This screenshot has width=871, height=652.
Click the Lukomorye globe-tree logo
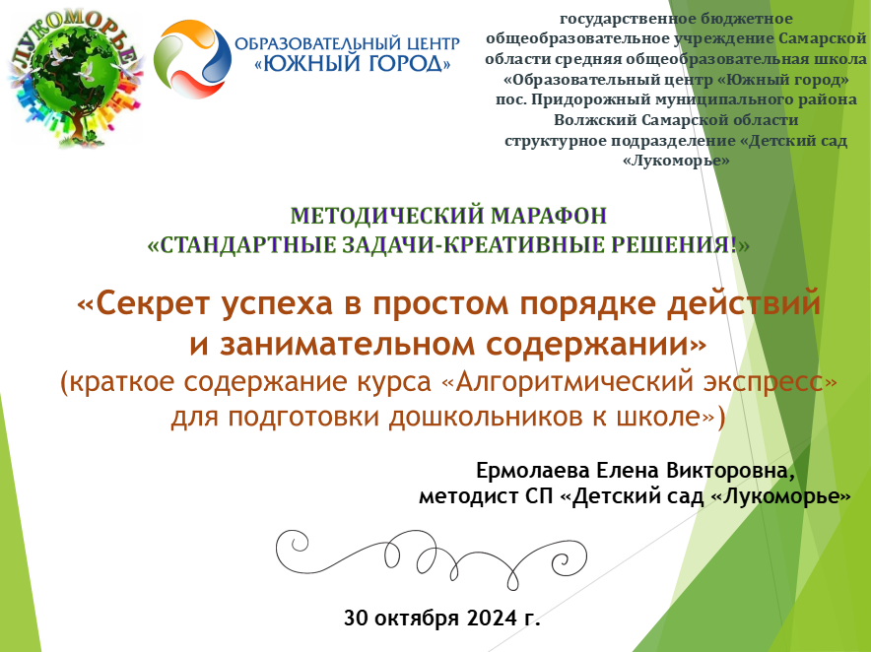75,78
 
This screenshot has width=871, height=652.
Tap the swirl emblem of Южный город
192,59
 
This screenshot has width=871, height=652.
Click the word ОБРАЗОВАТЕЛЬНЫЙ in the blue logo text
312,44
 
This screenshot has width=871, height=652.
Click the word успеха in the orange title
277,305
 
